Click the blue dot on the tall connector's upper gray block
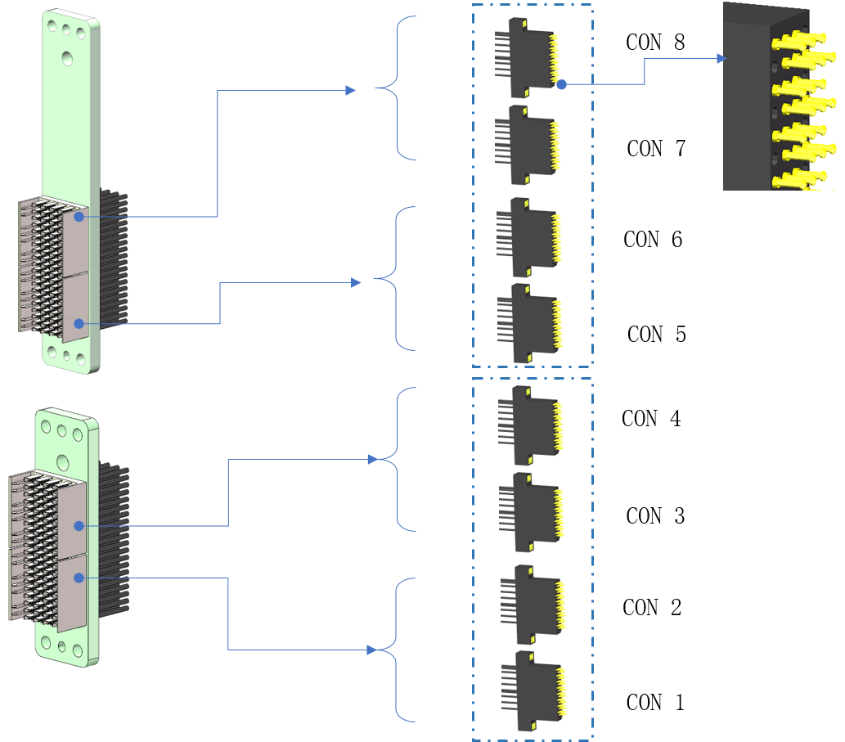[79, 217]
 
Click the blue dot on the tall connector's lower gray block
[79, 324]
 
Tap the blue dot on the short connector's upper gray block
[79, 525]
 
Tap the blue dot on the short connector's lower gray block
[79, 578]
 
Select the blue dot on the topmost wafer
[561, 83]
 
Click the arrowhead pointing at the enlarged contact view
[721, 59]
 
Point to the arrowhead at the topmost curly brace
[351, 90]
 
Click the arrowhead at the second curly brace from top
[357, 282]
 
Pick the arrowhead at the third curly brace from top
[373, 459]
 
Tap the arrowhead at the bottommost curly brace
[373, 650]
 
